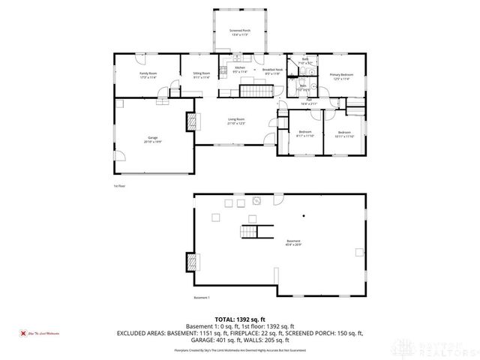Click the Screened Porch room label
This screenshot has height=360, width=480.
240,32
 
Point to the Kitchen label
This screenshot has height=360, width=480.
240,70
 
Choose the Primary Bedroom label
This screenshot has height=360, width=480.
342,76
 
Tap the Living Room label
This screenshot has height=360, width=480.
236,121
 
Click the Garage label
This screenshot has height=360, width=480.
152,139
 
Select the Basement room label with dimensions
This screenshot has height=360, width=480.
293,242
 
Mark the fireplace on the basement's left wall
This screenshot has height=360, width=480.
196,262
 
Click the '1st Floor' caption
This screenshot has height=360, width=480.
117,185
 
